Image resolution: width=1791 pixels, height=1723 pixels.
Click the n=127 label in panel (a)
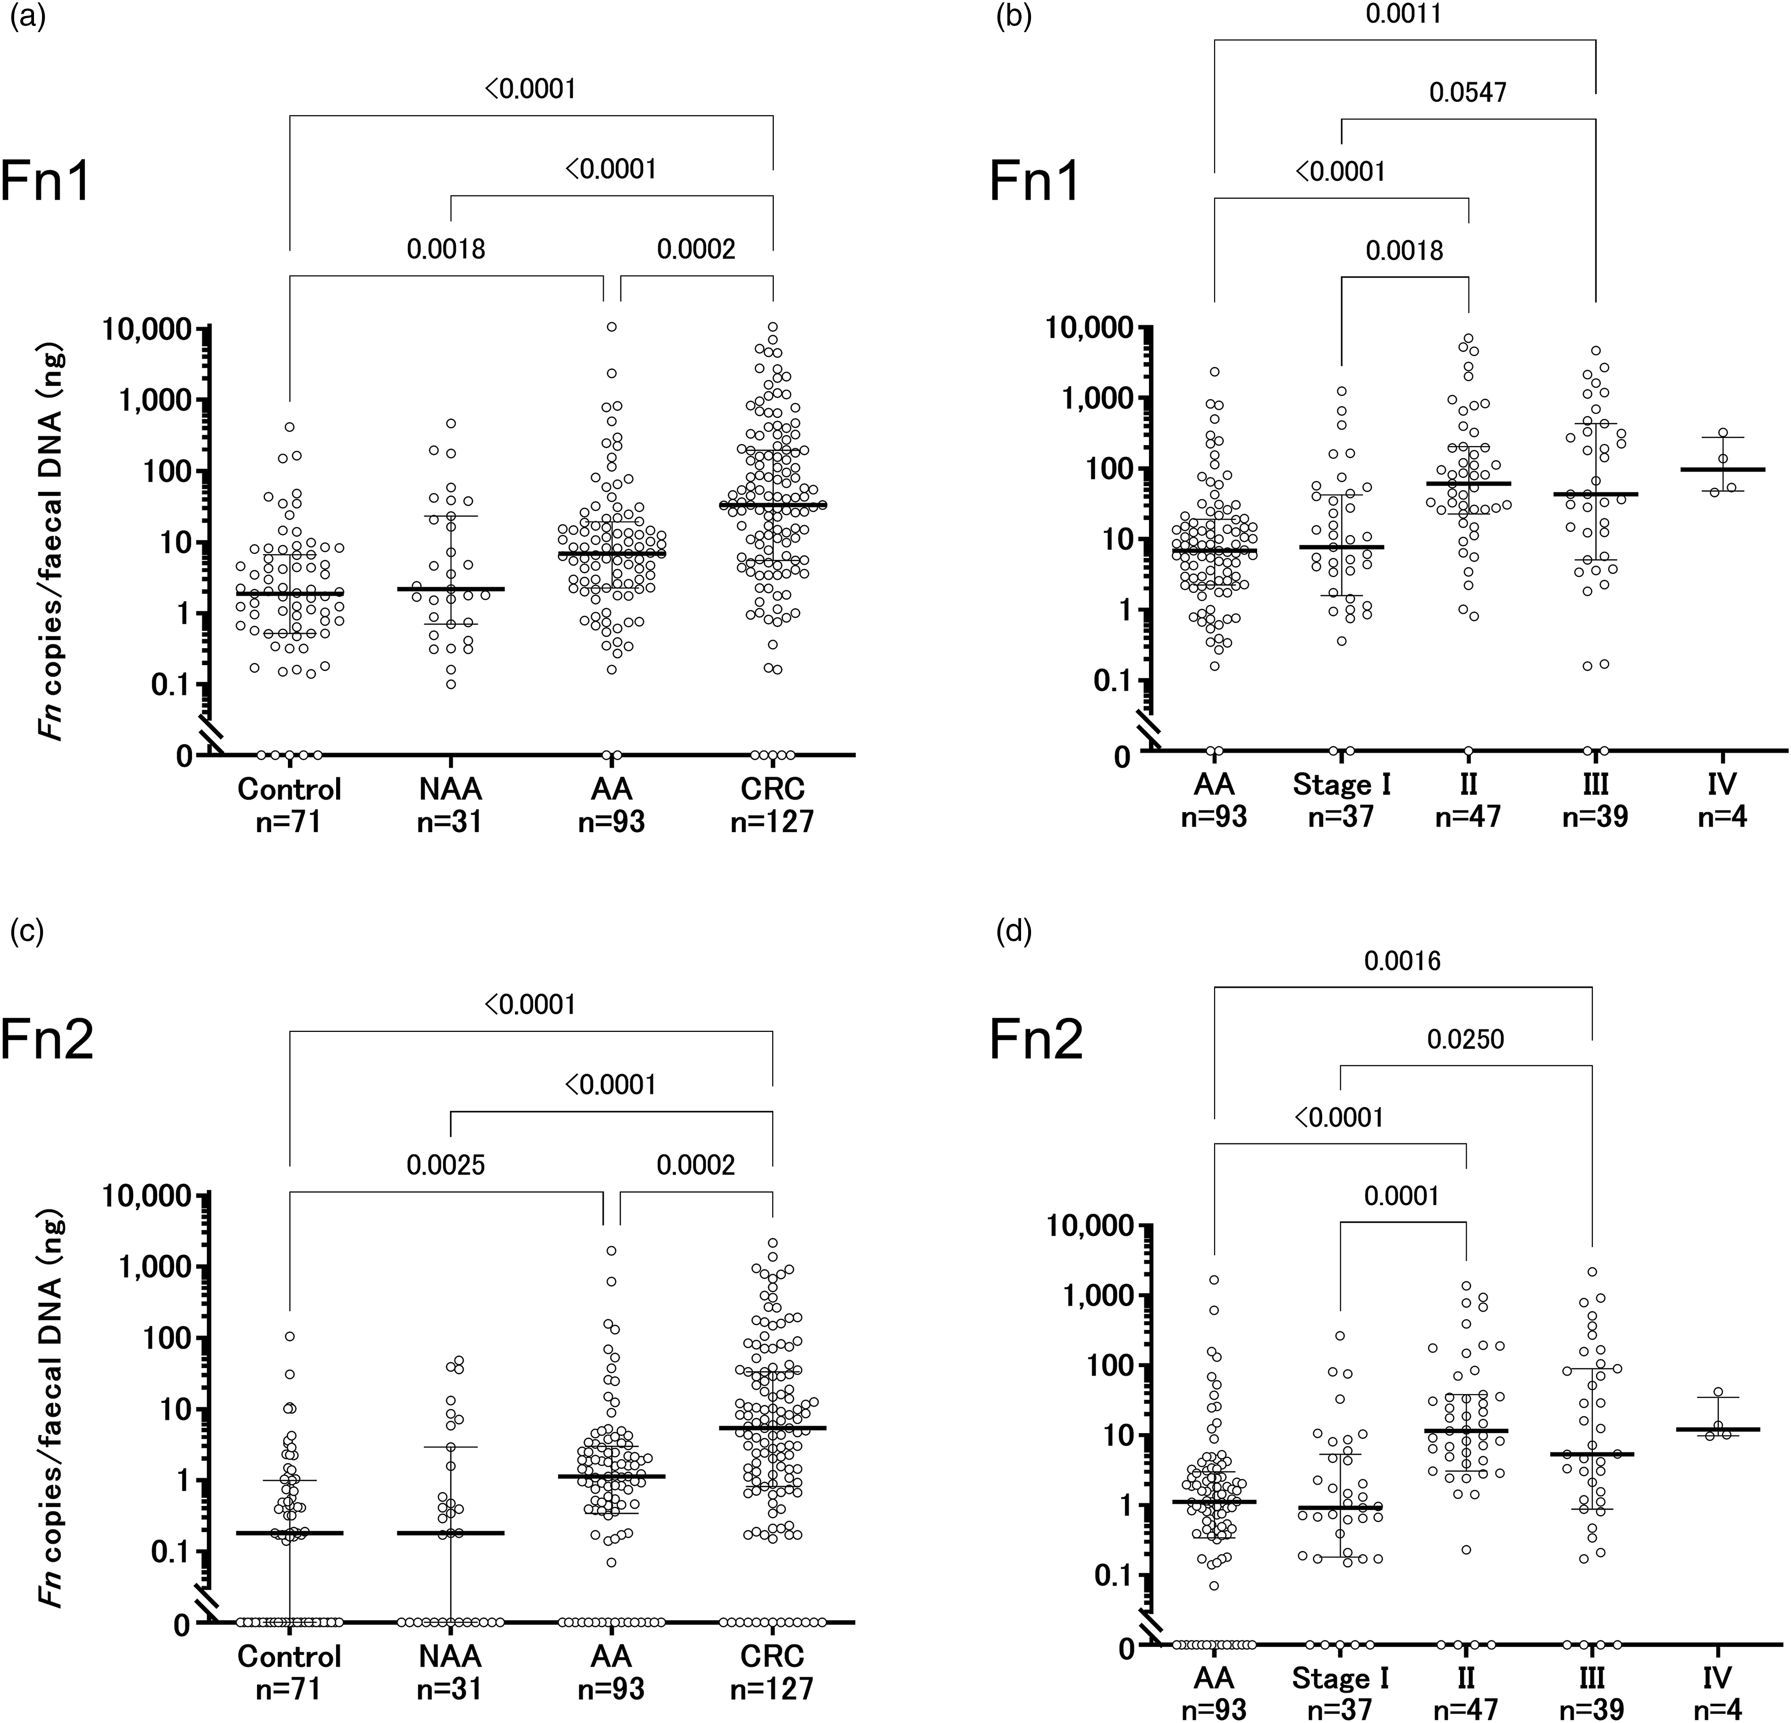coord(772,821)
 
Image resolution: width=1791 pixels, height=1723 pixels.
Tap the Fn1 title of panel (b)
coord(1035,183)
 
